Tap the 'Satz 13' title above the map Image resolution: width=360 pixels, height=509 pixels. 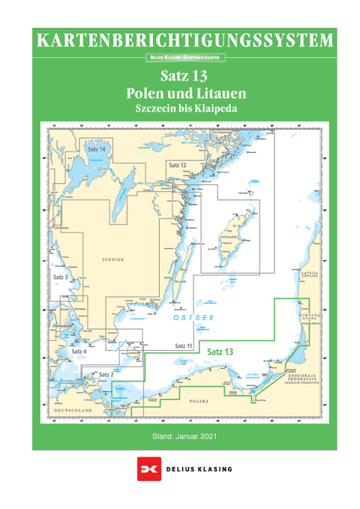(184, 77)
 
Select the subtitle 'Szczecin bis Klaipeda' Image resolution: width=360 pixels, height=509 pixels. (184, 109)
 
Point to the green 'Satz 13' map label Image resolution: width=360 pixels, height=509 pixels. (220, 351)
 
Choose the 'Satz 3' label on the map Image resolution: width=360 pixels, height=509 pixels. (61, 277)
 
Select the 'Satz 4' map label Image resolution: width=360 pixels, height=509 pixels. (79, 351)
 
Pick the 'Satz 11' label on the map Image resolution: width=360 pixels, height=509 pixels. (184, 345)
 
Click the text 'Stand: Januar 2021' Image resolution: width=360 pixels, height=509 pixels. (184, 436)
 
